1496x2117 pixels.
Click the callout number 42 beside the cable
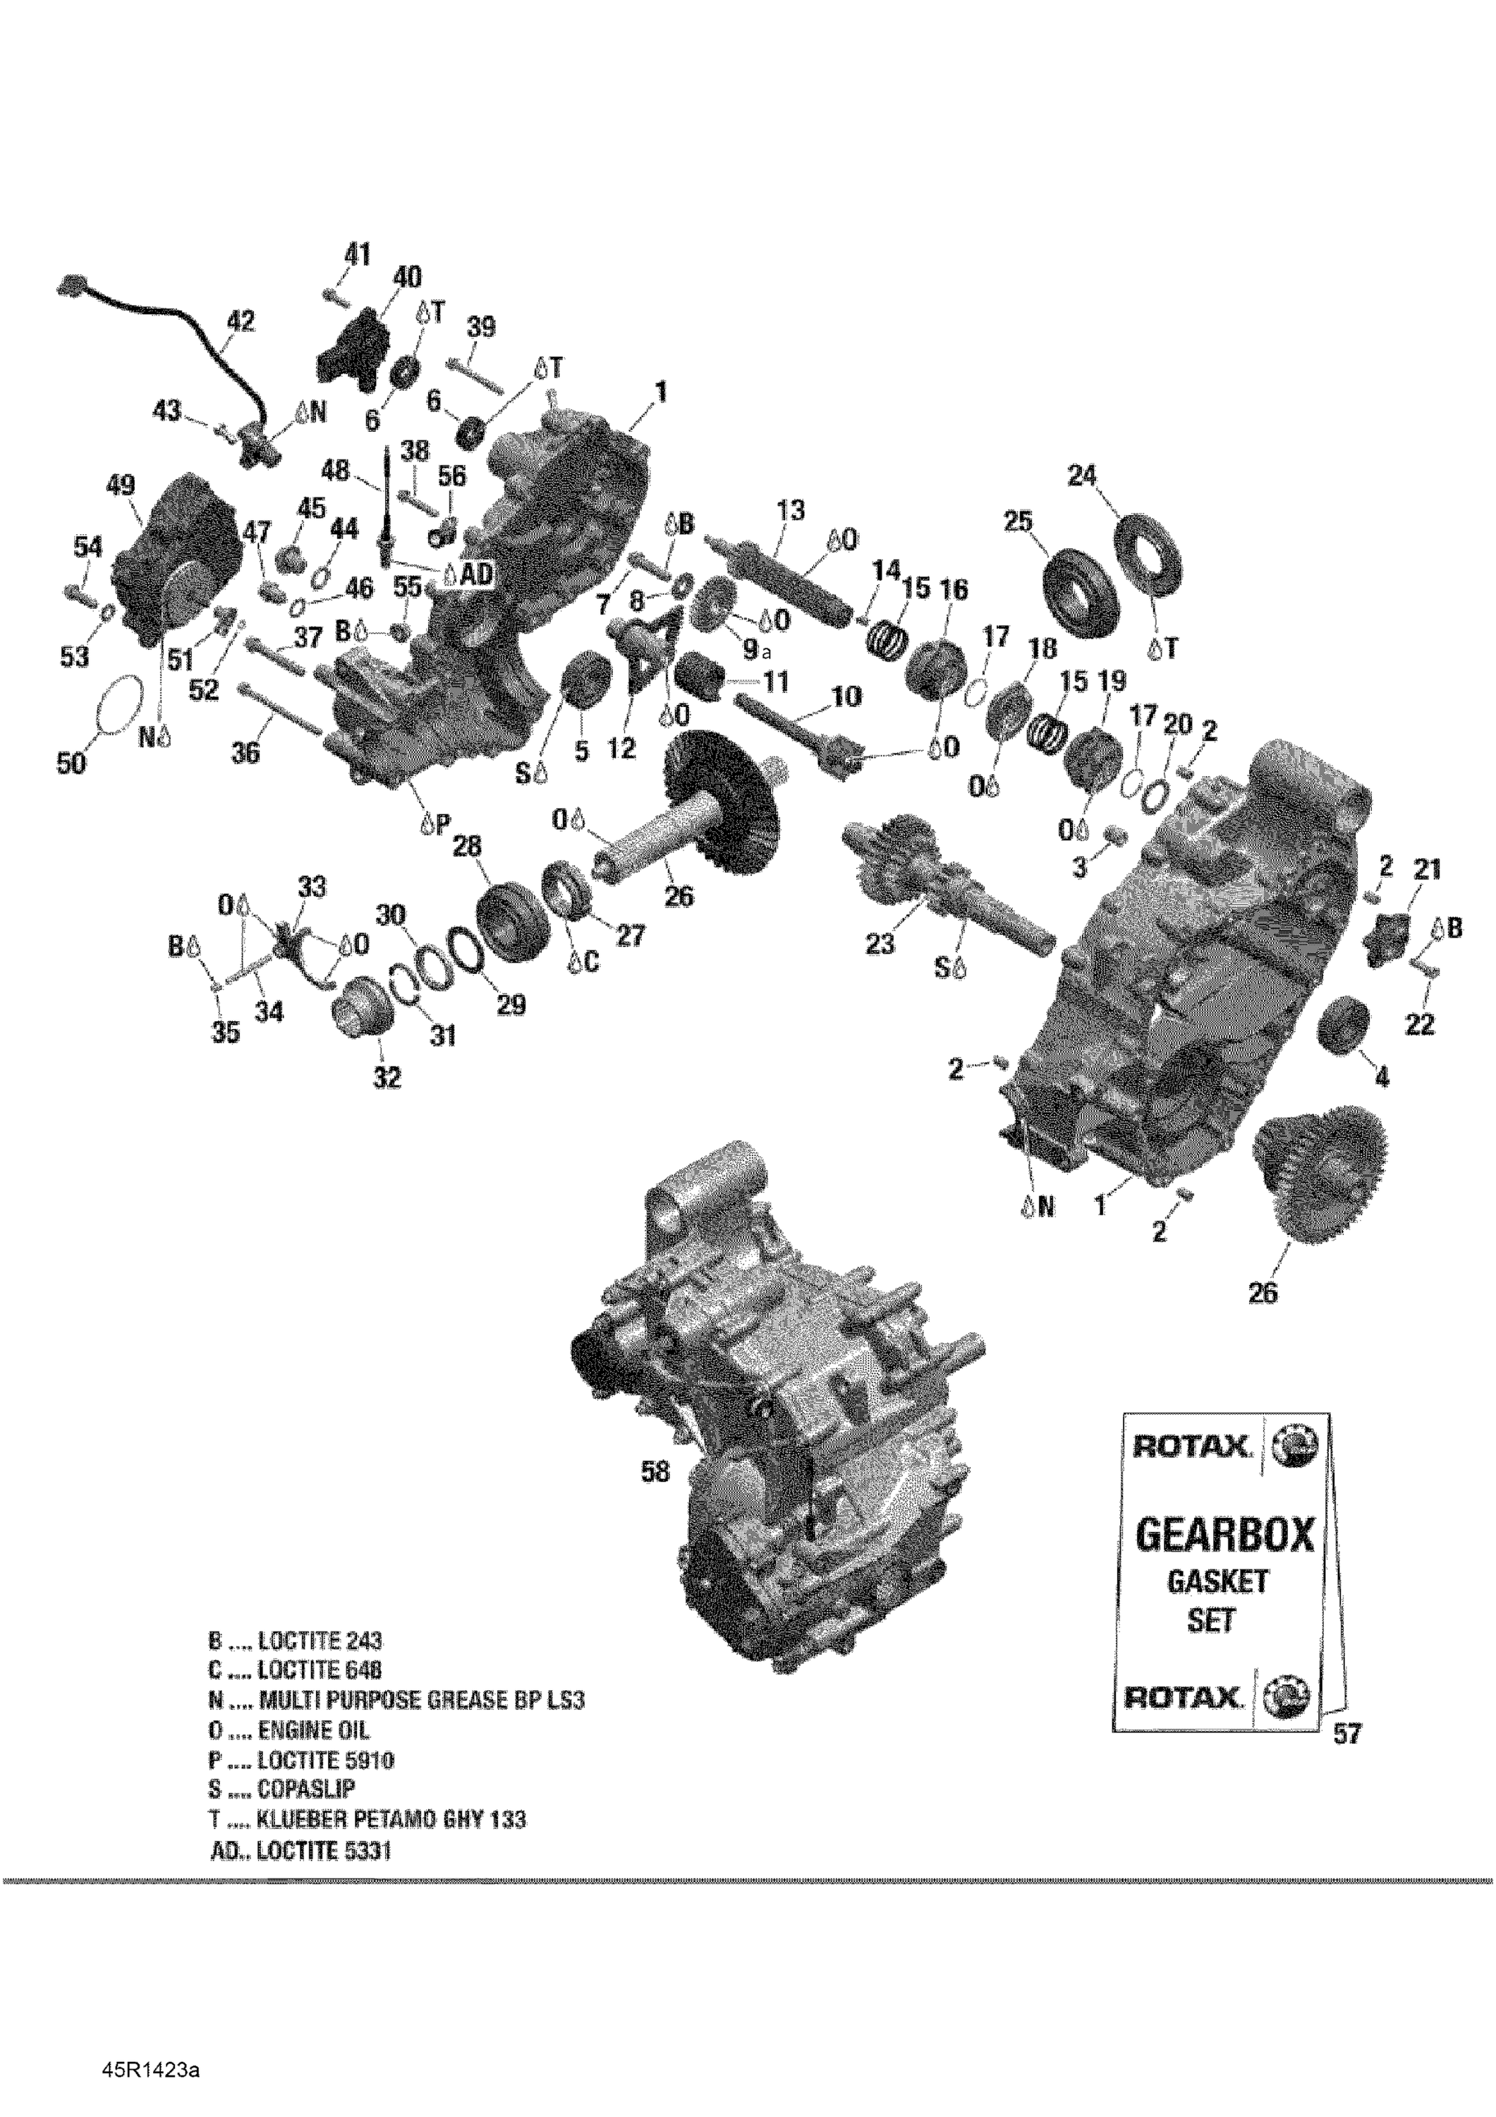[241, 322]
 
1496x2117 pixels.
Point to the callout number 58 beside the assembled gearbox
[655, 1473]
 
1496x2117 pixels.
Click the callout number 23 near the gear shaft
[880, 944]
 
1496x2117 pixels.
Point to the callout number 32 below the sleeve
[387, 1076]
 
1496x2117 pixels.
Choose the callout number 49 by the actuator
[121, 486]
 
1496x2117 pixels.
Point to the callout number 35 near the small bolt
[226, 1031]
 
